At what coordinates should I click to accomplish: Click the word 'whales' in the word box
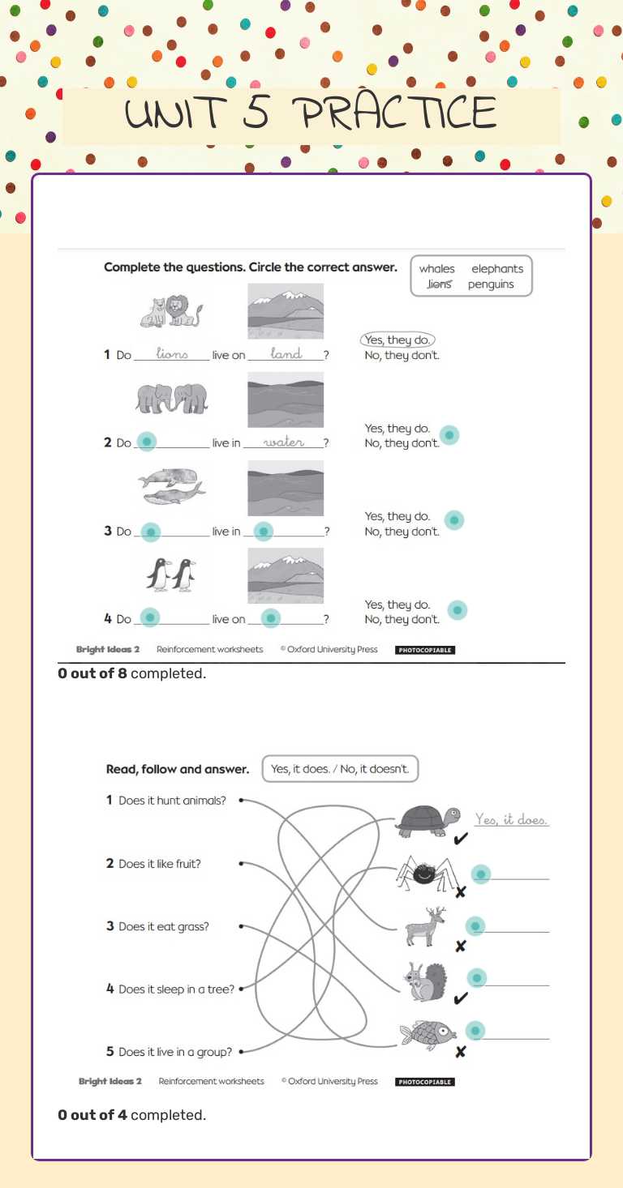(436, 269)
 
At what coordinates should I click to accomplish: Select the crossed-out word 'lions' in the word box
(439, 284)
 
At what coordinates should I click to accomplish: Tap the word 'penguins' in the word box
(491, 284)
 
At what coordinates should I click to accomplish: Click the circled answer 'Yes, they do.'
(397, 340)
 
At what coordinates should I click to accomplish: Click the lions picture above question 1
(171, 311)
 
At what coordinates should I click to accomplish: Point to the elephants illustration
(171, 398)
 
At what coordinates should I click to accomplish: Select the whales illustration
(171, 486)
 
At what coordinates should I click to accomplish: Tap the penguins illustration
(171, 575)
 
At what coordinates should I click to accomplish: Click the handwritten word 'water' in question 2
(284, 442)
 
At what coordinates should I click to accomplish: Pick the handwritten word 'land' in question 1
(286, 353)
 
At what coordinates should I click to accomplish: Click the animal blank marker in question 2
(146, 442)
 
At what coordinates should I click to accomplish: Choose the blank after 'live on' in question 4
(271, 618)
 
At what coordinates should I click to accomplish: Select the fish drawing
(427, 1034)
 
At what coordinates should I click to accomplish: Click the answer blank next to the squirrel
(477, 978)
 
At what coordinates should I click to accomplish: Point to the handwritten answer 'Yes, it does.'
(511, 820)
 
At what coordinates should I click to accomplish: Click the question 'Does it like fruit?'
(160, 864)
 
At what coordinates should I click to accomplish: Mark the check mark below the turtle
(460, 840)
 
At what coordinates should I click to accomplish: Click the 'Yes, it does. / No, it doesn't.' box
(340, 769)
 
